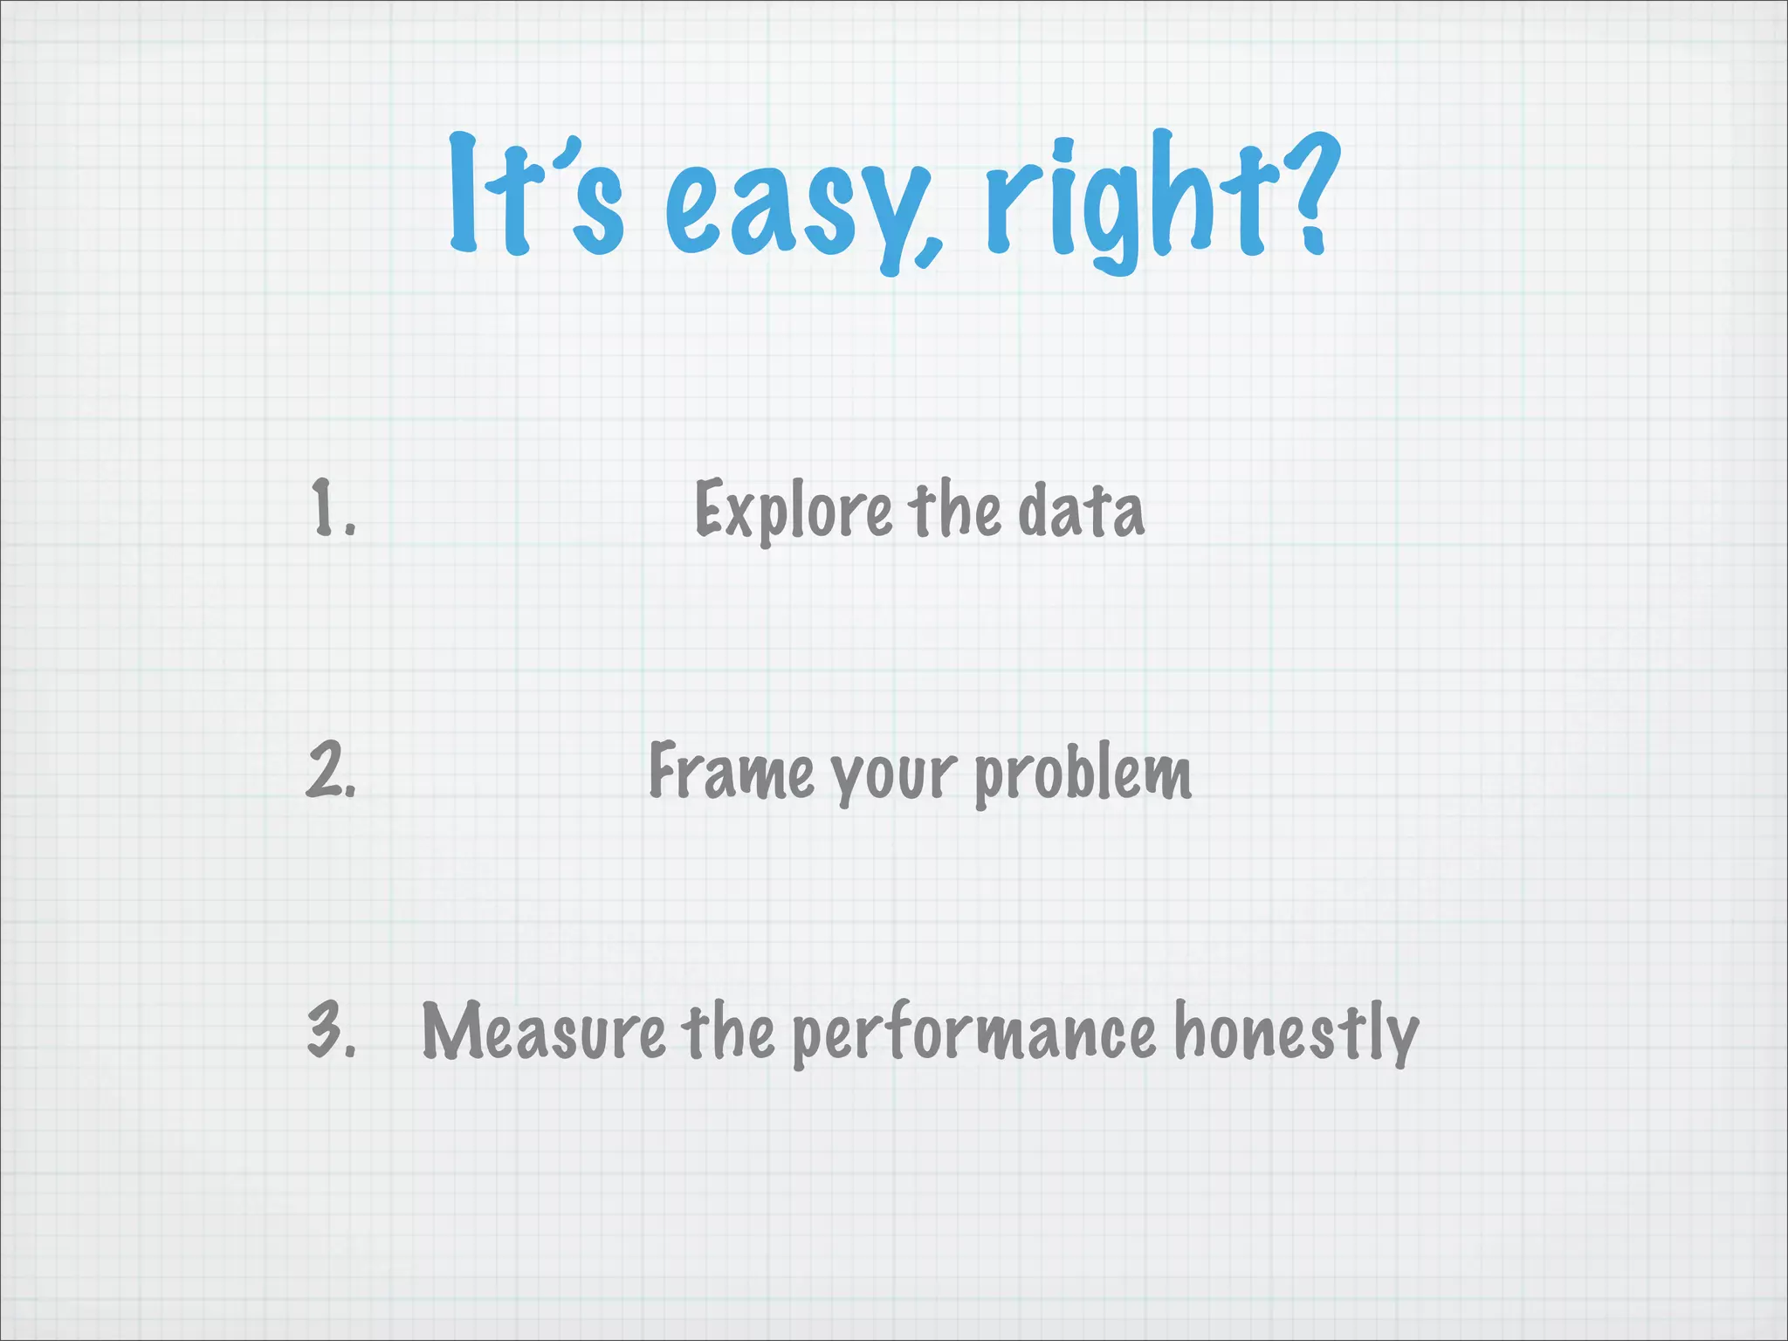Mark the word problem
coord(1083,773)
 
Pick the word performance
coord(973,1035)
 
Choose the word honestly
coord(1296,1033)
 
